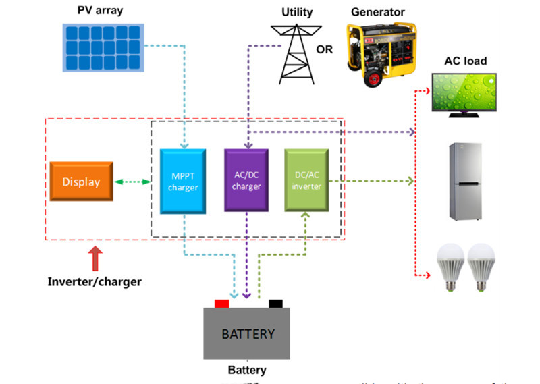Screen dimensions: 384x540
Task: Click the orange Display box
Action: tap(81, 182)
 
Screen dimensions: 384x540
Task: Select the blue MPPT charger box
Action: tap(182, 182)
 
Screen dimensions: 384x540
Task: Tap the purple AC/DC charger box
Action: tap(246, 182)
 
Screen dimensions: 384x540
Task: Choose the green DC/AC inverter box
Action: tap(306, 182)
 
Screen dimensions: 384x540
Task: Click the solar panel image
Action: tap(103, 47)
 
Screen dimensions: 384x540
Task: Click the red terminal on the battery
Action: tap(222, 304)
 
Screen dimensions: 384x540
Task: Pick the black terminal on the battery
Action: tap(275, 304)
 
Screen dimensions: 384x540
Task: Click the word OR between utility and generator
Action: tap(325, 49)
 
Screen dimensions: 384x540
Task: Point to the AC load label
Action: tap(465, 61)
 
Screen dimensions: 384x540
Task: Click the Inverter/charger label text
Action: tap(94, 281)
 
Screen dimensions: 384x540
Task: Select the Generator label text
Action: tap(378, 12)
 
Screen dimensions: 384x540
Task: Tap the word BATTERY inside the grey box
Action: tap(248, 334)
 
